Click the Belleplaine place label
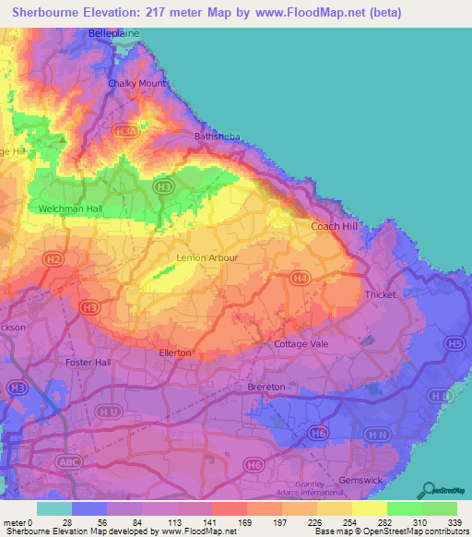[112, 33]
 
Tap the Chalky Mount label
[137, 83]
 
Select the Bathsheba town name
[218, 137]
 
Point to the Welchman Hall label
[70, 209]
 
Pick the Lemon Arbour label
[206, 258]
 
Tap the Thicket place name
[380, 295]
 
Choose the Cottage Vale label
[301, 344]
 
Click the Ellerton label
[175, 352]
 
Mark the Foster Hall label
[88, 363]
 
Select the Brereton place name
[266, 387]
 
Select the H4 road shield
[299, 276]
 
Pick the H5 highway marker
[454, 343]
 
